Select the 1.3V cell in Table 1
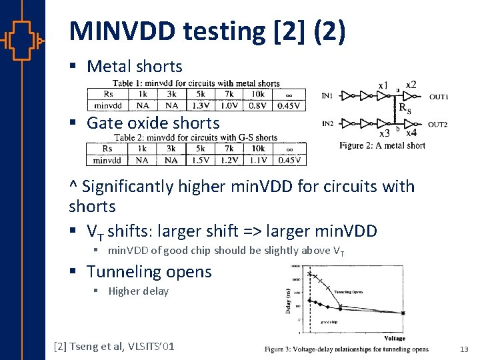pyautogui.click(x=201, y=105)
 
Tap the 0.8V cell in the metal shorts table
pyautogui.click(x=258, y=105)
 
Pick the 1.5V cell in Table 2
pyautogui.click(x=201, y=159)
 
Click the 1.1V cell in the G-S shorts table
pyautogui.click(x=258, y=159)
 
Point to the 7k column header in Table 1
pyautogui.click(x=229, y=94)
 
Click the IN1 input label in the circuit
pyautogui.click(x=328, y=96)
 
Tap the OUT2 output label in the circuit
pyautogui.click(x=437, y=125)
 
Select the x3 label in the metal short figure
pyautogui.click(x=385, y=134)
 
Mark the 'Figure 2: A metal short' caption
pyautogui.click(x=382, y=145)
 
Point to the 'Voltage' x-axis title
pyautogui.click(x=395, y=339)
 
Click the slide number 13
pyautogui.click(x=464, y=349)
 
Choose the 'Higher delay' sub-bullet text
pyautogui.click(x=138, y=291)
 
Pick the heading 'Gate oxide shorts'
pyautogui.click(x=153, y=123)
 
